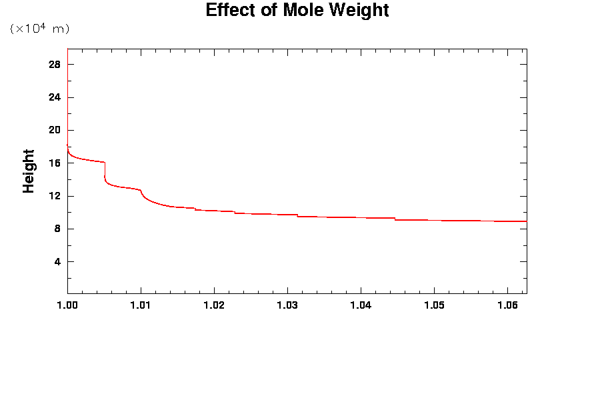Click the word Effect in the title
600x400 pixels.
[229, 11]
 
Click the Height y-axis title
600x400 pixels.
[29, 171]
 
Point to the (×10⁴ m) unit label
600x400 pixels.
[39, 29]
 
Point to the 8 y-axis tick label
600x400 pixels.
[57, 229]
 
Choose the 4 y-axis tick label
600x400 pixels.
[57, 261]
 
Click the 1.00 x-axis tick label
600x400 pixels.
[67, 305]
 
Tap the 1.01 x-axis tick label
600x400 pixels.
[141, 305]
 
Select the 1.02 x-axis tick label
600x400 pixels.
[214, 305]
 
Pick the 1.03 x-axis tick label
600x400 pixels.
[287, 305]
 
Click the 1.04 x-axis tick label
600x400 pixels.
[361, 305]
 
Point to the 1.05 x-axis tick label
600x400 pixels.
[434, 305]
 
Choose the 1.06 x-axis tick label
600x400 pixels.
[507, 305]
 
